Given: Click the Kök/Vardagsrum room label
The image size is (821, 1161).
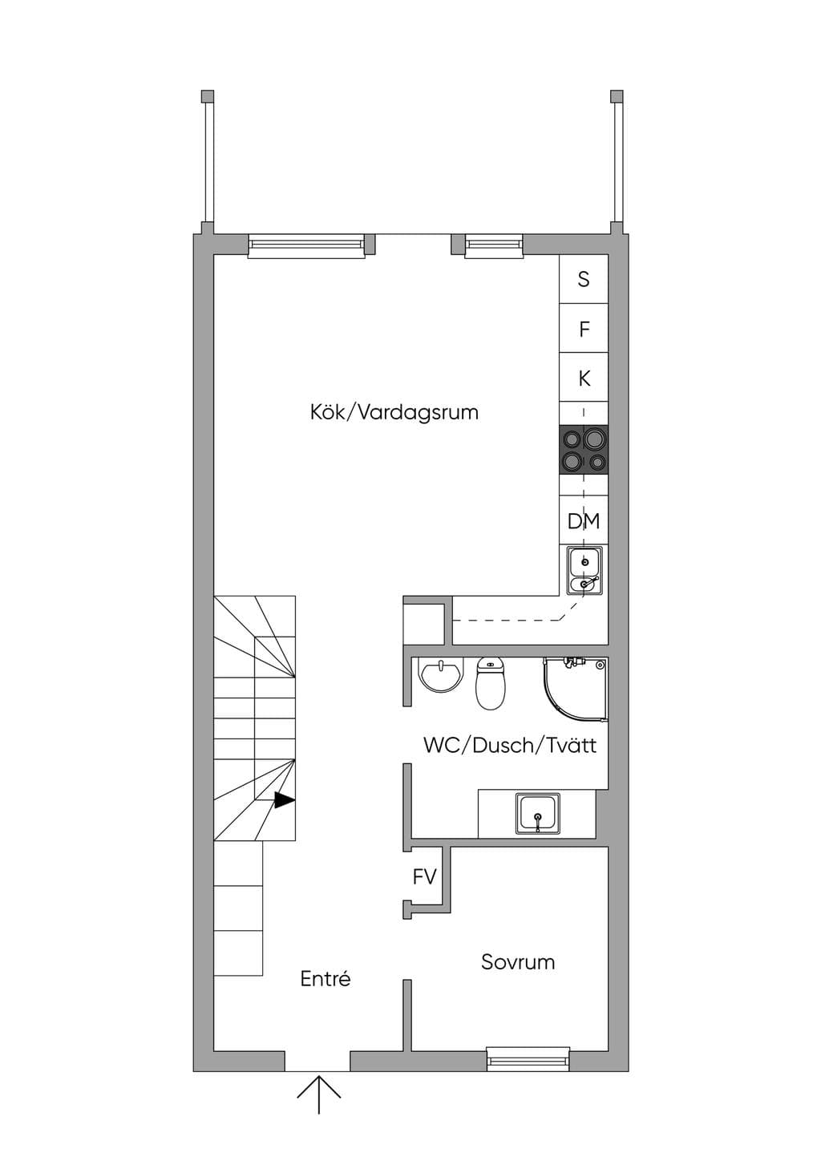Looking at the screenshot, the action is coord(394,413).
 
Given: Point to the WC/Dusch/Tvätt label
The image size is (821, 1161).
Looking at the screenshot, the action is coord(510,746).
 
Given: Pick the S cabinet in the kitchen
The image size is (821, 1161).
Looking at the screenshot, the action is coord(584,279).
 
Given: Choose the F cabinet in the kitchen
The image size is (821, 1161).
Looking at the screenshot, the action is coord(584,329).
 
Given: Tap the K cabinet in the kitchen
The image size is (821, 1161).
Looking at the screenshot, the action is coord(584,378).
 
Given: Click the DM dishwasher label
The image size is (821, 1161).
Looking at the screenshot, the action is coord(584,521).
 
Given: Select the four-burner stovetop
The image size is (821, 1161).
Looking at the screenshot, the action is coord(584,449).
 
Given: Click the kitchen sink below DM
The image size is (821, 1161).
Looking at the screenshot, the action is coord(584,570).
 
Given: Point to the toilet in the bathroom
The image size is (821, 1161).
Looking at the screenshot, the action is coord(490,683).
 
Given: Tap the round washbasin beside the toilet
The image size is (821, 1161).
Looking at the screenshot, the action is coord(440,676).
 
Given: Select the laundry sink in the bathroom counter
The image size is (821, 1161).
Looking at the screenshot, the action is coord(537,813).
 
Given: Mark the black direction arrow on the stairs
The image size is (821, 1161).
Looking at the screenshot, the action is coord(285,799).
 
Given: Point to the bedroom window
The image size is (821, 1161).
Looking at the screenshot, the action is coord(528,1058).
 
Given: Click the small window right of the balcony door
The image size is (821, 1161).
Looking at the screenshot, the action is coord(493,245).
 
